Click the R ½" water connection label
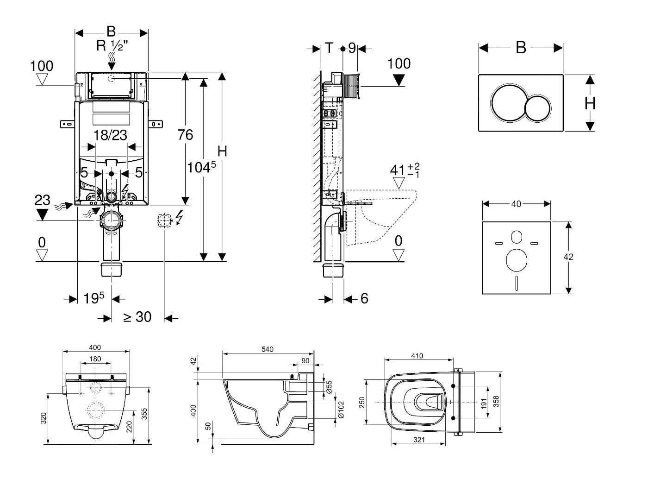pos(112,46)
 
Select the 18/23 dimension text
pos(110,135)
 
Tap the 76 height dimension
pos(185,135)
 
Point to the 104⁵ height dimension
pos(201,167)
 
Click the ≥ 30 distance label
pos(137,317)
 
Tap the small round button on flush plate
pos(537,108)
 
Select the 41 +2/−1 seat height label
pos(405,170)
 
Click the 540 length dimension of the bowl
pos(268,349)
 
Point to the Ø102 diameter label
pos(342,409)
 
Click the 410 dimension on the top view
pos(417,356)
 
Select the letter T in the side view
pos(329,48)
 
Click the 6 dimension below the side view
pos(364,298)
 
